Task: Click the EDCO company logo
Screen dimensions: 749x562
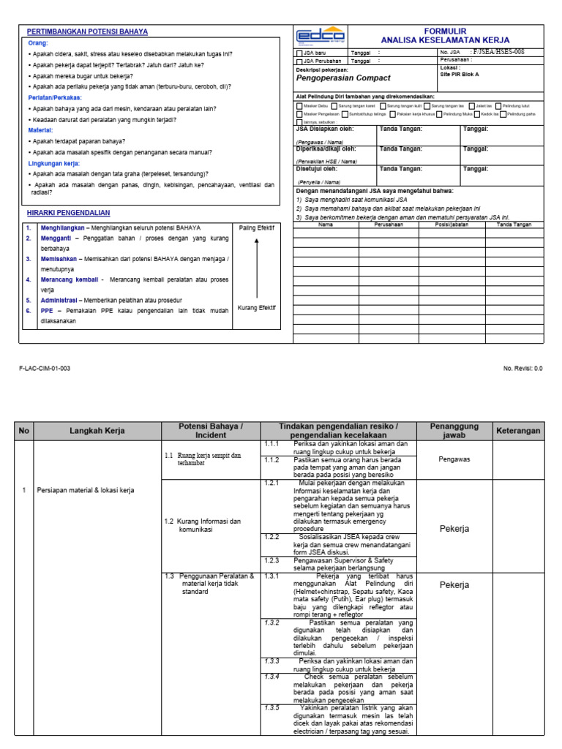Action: (320, 37)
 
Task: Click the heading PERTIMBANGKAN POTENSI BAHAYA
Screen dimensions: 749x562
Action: (87, 32)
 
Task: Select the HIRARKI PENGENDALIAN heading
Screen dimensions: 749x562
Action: (68, 213)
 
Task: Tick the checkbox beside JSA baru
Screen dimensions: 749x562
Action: (298, 53)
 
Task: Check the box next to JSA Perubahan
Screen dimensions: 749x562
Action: (298, 62)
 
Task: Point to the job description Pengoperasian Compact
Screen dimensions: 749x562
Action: (342, 78)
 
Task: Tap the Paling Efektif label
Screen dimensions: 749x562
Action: (257, 228)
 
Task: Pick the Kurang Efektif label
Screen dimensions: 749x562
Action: (257, 308)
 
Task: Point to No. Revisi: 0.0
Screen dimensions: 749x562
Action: (523, 369)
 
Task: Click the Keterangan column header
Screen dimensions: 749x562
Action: (518, 431)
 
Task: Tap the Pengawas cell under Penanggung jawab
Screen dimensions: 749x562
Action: (454, 459)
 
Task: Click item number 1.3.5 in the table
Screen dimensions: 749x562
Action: (272, 708)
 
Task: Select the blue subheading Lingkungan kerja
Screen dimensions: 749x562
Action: (54, 163)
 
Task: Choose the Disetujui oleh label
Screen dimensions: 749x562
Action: (315, 168)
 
